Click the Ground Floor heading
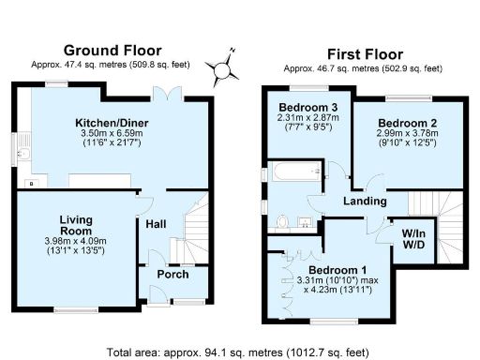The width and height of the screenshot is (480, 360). (x=112, y=50)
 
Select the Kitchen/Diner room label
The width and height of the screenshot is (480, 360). (x=112, y=123)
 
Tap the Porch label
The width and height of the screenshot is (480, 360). (x=173, y=274)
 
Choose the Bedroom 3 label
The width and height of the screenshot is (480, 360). (x=302, y=106)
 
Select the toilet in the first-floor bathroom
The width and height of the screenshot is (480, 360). (x=284, y=221)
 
